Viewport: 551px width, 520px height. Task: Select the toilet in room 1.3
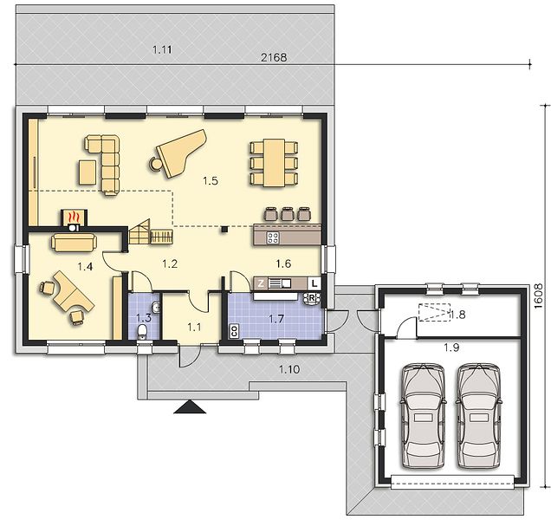(x=142, y=332)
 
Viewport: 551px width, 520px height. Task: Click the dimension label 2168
(x=274, y=57)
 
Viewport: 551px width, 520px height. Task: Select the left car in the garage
(x=423, y=416)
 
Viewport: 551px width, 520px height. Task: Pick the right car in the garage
(x=479, y=416)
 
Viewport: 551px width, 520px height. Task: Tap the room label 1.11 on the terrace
(x=162, y=49)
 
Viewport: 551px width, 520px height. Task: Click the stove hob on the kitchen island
(x=273, y=238)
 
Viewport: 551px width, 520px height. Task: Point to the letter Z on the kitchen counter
(x=261, y=283)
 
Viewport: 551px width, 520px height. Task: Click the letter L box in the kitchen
(x=314, y=283)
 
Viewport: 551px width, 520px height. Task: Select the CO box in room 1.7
(x=234, y=331)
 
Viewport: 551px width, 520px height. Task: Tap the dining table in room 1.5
(x=274, y=163)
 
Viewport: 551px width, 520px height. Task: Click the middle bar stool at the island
(x=287, y=214)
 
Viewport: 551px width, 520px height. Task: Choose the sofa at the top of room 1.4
(x=74, y=243)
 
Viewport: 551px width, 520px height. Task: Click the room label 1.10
(x=289, y=369)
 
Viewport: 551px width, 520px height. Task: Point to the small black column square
(x=224, y=230)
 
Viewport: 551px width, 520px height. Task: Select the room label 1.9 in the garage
(x=451, y=348)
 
